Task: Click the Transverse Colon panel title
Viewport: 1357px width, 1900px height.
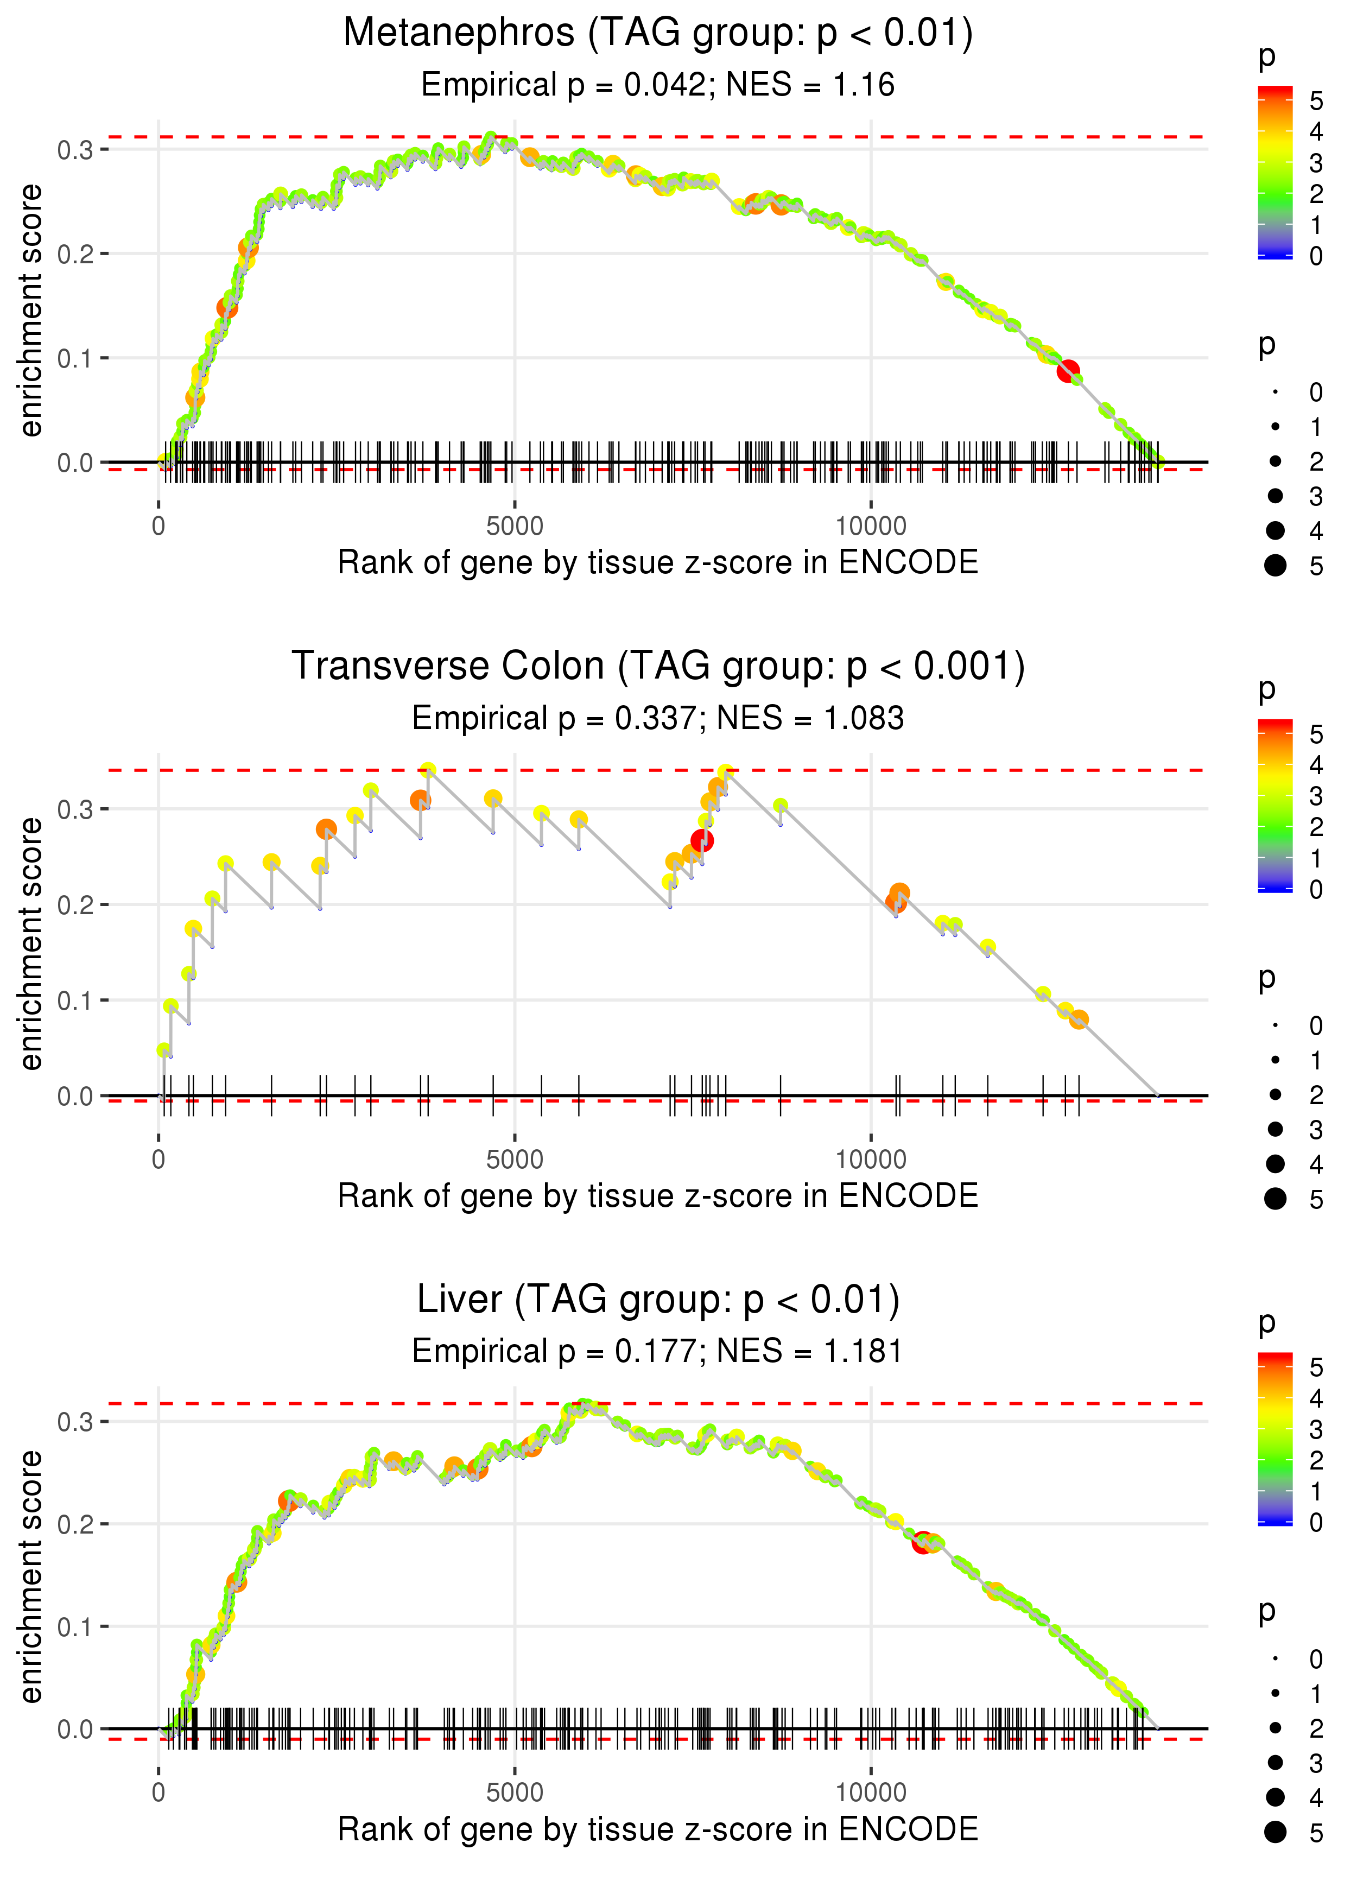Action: click(658, 667)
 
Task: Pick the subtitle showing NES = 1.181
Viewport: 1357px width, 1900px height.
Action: click(658, 1351)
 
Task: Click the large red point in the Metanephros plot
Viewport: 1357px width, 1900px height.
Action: click(1068, 371)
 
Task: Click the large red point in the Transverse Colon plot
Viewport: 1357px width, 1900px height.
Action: click(702, 840)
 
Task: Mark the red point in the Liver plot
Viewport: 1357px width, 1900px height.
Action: click(923, 1542)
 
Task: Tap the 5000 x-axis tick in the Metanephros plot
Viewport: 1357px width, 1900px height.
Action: click(515, 527)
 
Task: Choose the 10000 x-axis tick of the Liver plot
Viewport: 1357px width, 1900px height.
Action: click(871, 1793)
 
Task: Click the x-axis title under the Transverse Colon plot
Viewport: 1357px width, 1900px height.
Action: click(658, 1196)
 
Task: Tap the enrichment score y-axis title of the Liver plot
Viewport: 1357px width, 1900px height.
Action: click(31, 1576)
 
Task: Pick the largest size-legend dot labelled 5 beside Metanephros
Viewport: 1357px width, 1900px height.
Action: click(1275, 566)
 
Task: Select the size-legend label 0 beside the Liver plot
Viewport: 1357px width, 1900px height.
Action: click(1316, 1660)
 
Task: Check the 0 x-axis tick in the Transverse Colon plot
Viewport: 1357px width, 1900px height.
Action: click(158, 1160)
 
